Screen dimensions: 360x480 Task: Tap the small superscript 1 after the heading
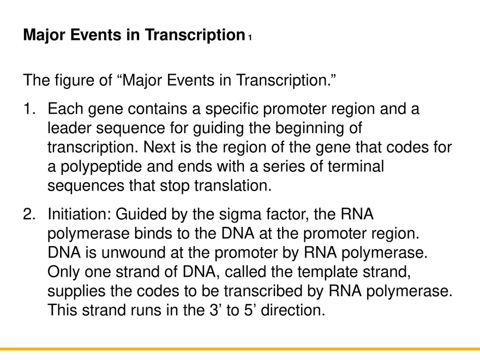[249, 38]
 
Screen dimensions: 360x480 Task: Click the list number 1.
[29, 110]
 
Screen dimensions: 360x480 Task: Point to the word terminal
[353, 167]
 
